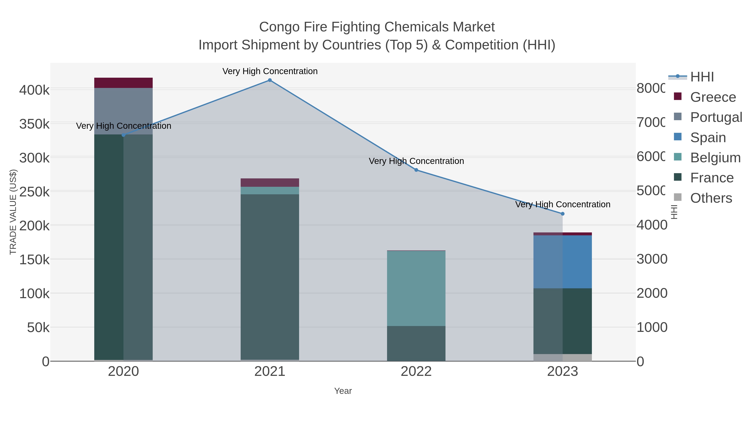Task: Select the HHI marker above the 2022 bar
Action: click(416, 170)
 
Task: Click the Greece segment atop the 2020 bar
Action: click(123, 83)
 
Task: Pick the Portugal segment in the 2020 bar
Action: click(123, 111)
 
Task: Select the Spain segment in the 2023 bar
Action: click(562, 262)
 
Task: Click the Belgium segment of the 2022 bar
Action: click(416, 288)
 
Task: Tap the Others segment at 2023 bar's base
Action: click(562, 358)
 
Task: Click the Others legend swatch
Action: click(678, 197)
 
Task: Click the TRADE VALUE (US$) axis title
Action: click(13, 212)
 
